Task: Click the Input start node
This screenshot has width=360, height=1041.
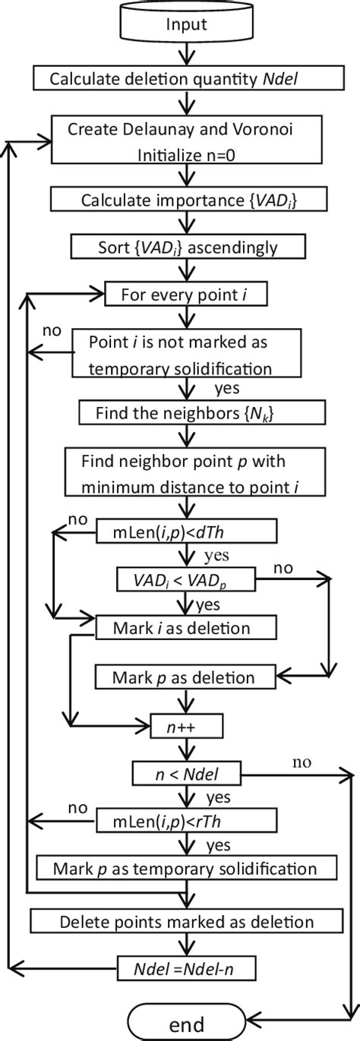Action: click(x=185, y=24)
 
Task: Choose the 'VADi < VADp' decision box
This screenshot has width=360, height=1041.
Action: click(x=185, y=580)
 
